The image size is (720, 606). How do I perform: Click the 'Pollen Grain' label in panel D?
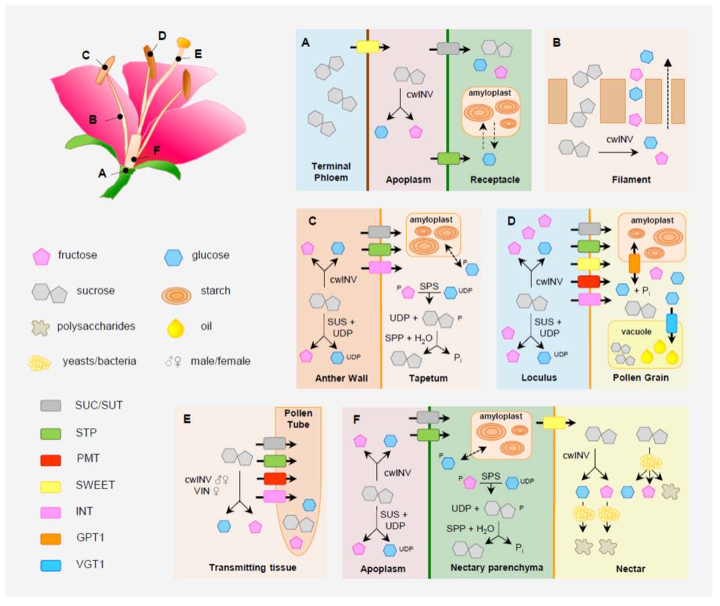[x=641, y=378]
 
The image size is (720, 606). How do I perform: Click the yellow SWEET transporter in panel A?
[x=367, y=47]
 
